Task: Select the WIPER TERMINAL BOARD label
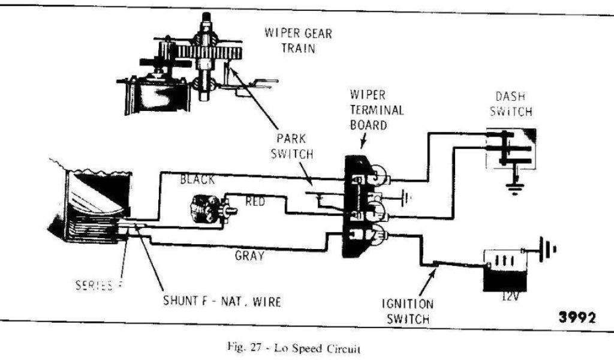[x=377, y=110]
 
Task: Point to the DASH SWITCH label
[x=514, y=103]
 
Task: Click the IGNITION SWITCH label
[x=407, y=311]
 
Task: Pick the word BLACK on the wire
[x=197, y=179]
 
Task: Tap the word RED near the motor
[x=255, y=202]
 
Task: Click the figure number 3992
[x=577, y=318]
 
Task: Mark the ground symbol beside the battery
[x=546, y=247]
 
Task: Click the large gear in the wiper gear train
[x=210, y=53]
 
